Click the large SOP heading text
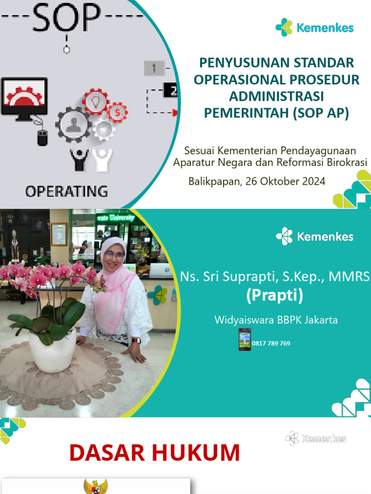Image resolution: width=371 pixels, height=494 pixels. (66, 19)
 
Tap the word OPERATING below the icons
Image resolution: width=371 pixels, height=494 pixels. (66, 191)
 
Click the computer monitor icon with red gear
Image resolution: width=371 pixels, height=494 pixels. (24, 96)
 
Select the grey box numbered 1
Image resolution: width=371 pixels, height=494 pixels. (154, 68)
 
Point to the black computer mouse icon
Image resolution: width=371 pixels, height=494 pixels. (43, 138)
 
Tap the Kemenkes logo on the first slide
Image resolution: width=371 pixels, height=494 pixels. (314, 27)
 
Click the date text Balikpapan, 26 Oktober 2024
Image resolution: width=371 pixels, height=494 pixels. (257, 181)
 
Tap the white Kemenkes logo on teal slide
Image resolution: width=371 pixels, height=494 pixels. (314, 236)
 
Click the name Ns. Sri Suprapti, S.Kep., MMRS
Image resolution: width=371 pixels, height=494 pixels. (275, 276)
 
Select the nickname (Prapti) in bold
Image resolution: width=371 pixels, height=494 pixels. (274, 295)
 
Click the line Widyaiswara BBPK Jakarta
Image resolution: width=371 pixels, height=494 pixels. (276, 320)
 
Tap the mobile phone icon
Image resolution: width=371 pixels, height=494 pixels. (244, 339)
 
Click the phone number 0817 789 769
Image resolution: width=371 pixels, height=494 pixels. (271, 343)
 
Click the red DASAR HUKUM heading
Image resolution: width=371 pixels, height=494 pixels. (155, 453)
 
